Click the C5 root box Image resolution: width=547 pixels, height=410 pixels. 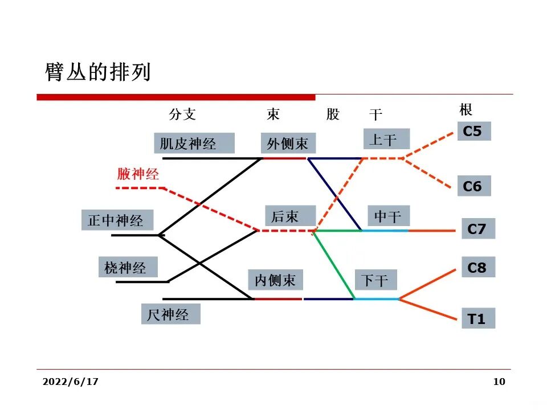pyautogui.click(x=473, y=132)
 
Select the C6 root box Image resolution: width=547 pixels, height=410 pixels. pyautogui.click(x=473, y=186)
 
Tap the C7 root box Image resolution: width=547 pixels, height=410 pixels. pyautogui.click(x=477, y=229)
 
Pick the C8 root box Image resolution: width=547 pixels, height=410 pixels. pyautogui.click(x=477, y=267)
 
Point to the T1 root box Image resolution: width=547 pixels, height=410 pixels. pyautogui.click(x=477, y=319)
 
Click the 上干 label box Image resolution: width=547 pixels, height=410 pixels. pyautogui.click(x=386, y=139)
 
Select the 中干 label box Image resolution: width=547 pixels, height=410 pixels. pyautogui.click(x=388, y=216)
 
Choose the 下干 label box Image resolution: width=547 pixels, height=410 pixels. pyautogui.click(x=375, y=280)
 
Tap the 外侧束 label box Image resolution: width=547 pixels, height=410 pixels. pyautogui.click(x=288, y=143)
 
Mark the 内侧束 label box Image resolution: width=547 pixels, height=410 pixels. pyautogui.click(x=275, y=280)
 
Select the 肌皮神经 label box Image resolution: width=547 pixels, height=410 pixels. pyautogui.click(x=194, y=143)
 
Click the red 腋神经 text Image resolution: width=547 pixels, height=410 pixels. pyautogui.click(x=138, y=174)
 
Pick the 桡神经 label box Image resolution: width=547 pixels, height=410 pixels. pyautogui.click(x=127, y=267)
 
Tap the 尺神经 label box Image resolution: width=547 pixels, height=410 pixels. pyautogui.click(x=170, y=314)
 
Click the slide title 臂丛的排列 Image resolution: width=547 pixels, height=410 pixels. pyautogui.click(x=98, y=72)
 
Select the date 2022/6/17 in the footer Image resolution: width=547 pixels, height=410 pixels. pyautogui.click(x=70, y=382)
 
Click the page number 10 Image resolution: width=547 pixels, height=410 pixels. pyautogui.click(x=499, y=382)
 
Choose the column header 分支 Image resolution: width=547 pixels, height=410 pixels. pyautogui.click(x=182, y=114)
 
